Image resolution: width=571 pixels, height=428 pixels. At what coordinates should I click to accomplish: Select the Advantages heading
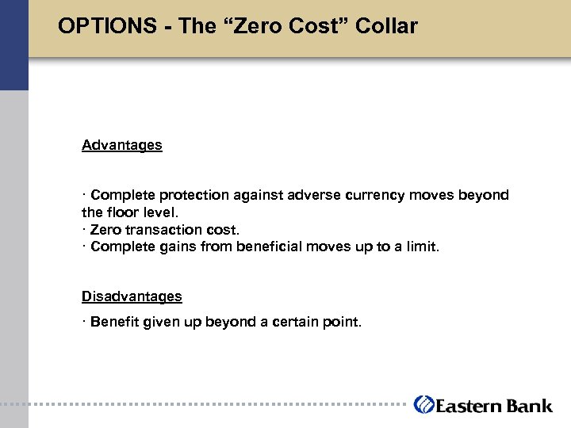tap(122, 145)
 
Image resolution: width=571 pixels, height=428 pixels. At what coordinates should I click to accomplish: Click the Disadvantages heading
tap(132, 296)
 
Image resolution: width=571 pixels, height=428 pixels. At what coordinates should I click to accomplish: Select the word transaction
tap(161, 230)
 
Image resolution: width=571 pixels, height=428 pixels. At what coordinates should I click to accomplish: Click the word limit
tap(420, 246)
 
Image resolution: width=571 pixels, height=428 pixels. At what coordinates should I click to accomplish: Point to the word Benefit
tap(114, 322)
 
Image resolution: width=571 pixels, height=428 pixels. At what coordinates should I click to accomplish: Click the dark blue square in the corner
tap(13, 44)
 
